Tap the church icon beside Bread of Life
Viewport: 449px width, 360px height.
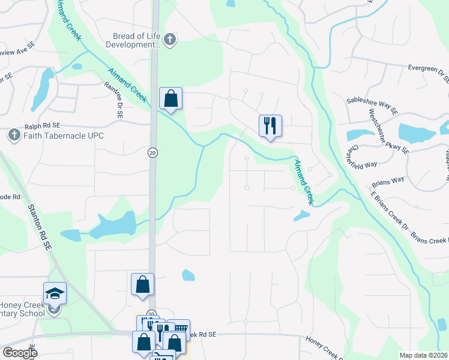pos(170,40)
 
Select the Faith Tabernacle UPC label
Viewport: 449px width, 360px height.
pos(64,136)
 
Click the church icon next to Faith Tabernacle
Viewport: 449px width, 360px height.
pos(14,135)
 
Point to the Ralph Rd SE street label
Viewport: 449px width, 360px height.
pos(43,126)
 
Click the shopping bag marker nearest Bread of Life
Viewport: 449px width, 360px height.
pos(170,98)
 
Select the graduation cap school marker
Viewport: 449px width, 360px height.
pos(55,294)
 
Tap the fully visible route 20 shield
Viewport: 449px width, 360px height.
pos(152,153)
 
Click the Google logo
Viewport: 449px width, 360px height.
pos(19,353)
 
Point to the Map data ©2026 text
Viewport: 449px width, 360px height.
pos(424,355)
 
